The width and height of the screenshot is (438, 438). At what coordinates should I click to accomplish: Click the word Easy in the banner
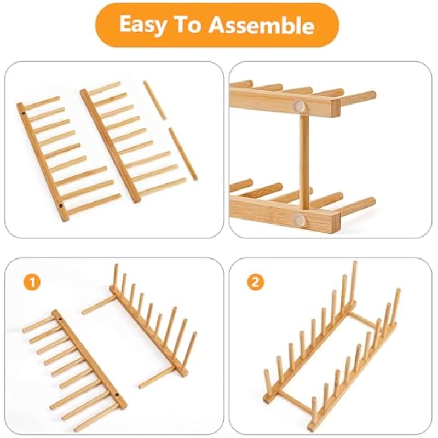coord(142,25)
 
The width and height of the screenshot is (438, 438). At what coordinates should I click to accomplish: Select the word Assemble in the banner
coord(262,25)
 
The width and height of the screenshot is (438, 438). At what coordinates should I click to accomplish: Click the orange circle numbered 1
coord(32,283)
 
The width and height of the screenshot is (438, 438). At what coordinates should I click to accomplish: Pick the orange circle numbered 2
coord(255,282)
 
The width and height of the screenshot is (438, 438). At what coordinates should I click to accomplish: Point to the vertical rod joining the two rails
coord(304,160)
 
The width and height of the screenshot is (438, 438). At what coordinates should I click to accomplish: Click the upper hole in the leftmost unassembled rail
coord(24,114)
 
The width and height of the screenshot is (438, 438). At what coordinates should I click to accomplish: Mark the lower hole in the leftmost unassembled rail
coord(61,206)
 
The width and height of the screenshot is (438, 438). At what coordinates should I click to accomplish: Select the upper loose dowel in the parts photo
coord(154,100)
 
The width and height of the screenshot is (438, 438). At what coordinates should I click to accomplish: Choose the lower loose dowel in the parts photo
coord(183,154)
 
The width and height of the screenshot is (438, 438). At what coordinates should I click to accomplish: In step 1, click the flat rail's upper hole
coord(60,318)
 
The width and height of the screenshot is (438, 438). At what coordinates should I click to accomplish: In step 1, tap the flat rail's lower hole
coord(117,395)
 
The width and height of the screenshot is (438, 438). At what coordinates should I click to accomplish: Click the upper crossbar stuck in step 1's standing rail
coord(99,306)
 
